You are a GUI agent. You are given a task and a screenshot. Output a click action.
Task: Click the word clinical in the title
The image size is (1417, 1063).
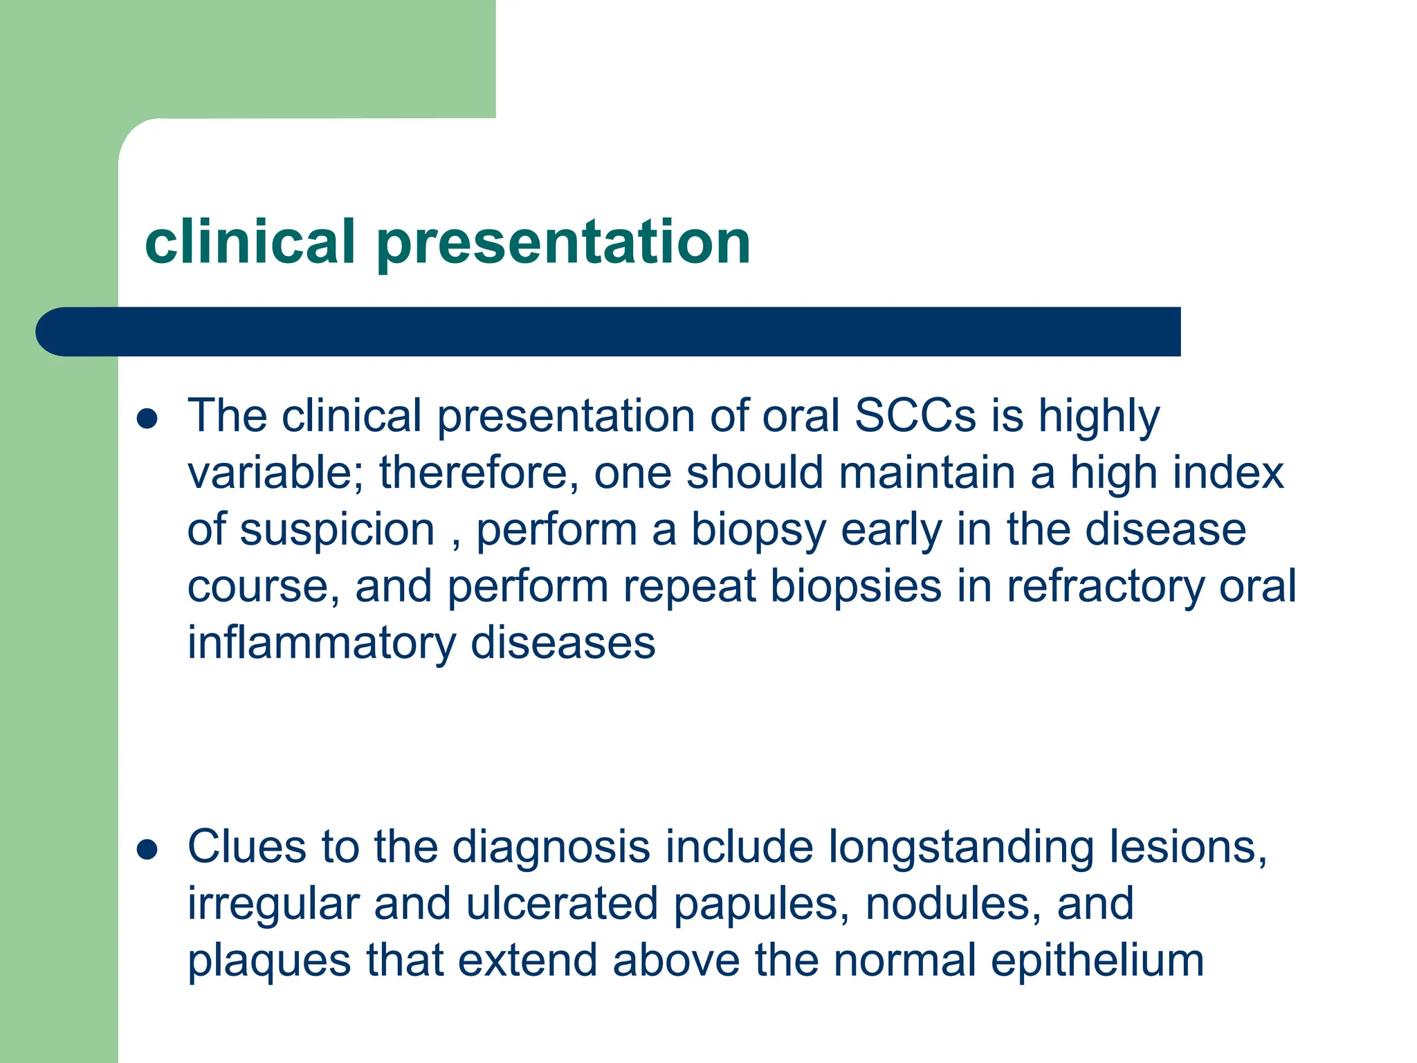pyautogui.click(x=249, y=242)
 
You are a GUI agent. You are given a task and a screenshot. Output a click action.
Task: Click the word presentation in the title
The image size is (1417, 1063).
pyautogui.click(x=563, y=244)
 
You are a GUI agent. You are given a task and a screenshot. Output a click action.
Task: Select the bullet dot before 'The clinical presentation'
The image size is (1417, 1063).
pyautogui.click(x=147, y=419)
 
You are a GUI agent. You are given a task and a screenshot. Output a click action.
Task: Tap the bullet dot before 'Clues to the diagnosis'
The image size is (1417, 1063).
pyautogui.click(x=147, y=849)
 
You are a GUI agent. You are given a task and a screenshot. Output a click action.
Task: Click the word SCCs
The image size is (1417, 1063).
pyautogui.click(x=915, y=416)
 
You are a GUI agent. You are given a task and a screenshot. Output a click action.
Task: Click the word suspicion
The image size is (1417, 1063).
pyautogui.click(x=338, y=531)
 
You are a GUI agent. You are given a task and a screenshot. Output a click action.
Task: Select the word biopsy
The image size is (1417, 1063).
pyautogui.click(x=758, y=531)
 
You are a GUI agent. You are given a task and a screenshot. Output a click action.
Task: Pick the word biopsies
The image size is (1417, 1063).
pyautogui.click(x=856, y=587)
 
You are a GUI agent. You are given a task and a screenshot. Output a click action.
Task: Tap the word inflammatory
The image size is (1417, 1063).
pyautogui.click(x=321, y=644)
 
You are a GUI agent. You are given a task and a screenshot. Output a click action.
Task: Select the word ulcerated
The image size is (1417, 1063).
pyautogui.click(x=561, y=904)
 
